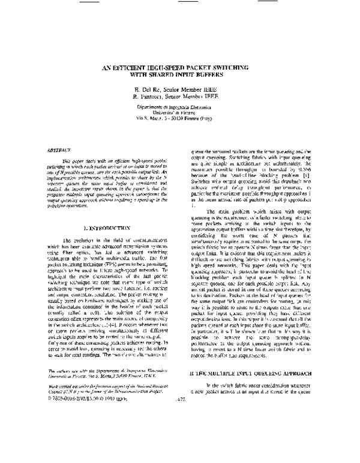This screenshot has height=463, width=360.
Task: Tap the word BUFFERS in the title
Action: pyautogui.click(x=212, y=76)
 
